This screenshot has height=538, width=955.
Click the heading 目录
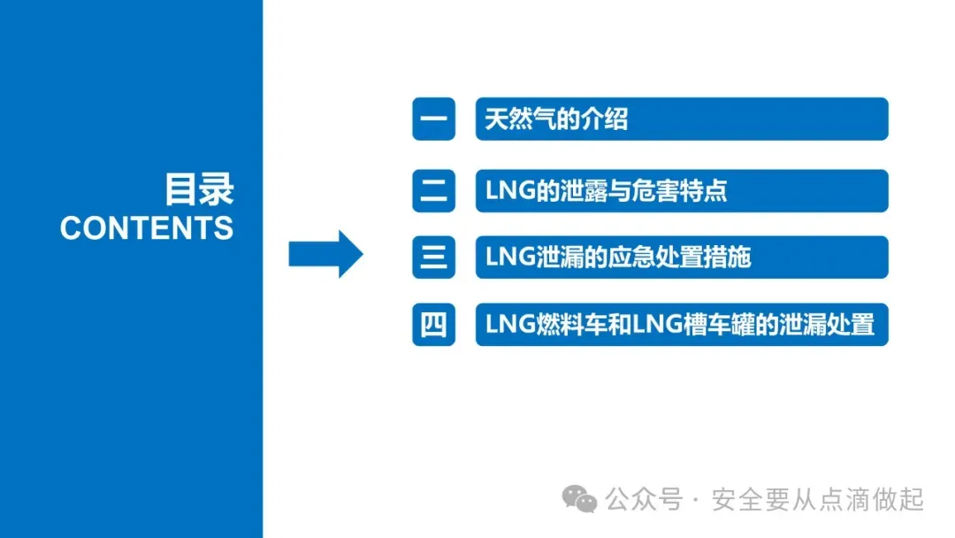tap(199, 189)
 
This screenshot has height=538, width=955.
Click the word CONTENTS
tap(147, 228)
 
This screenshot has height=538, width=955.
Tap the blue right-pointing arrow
tap(325, 255)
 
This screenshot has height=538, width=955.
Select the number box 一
tap(433, 119)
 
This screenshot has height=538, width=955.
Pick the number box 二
tap(433, 189)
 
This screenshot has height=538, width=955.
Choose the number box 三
tap(433, 257)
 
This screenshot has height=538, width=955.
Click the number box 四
tap(433, 325)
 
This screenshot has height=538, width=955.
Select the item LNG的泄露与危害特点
tap(607, 189)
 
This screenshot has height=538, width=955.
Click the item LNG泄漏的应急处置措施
tap(618, 257)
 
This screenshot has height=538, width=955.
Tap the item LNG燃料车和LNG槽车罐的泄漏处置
tap(680, 325)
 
